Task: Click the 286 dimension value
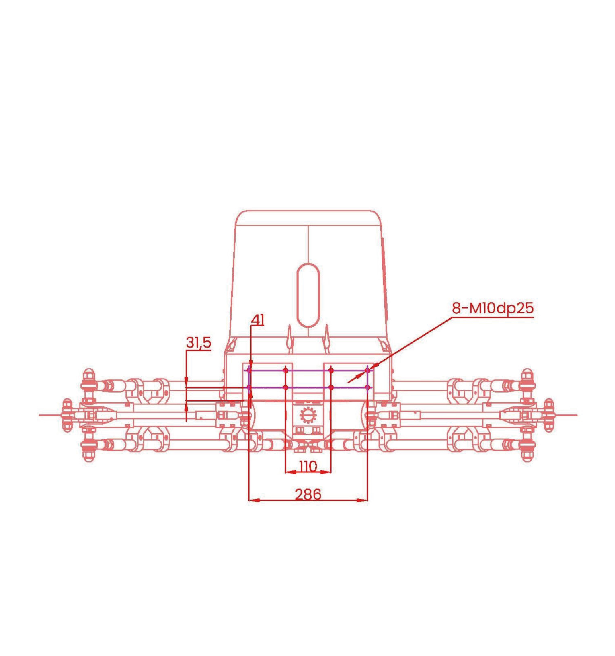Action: coord(308,494)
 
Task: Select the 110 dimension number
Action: coord(308,466)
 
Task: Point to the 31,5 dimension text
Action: coord(198,342)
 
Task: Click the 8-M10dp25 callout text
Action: coord(493,308)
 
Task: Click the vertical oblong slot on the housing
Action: coord(308,295)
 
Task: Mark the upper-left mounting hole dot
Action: coord(249,370)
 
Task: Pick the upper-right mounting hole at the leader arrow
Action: coord(368,370)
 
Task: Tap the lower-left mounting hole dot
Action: coord(249,388)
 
